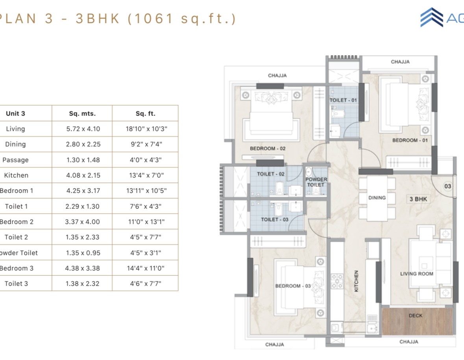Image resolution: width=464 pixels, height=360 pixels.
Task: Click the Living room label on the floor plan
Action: pyautogui.click(x=417, y=274)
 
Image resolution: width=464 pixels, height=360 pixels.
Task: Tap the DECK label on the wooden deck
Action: pyautogui.click(x=416, y=315)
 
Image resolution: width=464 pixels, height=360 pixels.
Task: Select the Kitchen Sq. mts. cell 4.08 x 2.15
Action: pyautogui.click(x=83, y=175)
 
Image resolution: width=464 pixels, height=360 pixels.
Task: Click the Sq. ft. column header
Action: pyautogui.click(x=145, y=113)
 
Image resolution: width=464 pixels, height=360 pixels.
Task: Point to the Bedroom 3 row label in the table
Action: pyautogui.click(x=17, y=268)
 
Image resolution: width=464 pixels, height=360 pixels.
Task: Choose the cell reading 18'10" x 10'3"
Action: pyautogui.click(x=146, y=129)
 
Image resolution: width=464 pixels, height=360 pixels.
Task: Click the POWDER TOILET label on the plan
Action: pyautogui.click(x=316, y=182)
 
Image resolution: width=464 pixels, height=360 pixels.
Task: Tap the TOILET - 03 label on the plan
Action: pyautogui.click(x=274, y=219)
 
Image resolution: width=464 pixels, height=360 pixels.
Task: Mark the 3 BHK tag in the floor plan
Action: pyautogui.click(x=418, y=199)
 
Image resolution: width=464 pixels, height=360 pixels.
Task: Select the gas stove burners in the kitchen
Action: pyautogui.click(x=337, y=281)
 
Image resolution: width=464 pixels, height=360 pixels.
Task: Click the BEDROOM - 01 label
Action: pyautogui.click(x=410, y=140)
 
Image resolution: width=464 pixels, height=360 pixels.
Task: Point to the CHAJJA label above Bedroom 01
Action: pyautogui.click(x=400, y=62)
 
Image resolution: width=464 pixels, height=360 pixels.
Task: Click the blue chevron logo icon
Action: pyautogui.click(x=432, y=17)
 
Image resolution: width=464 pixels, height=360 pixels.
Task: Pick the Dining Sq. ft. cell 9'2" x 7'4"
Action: pyautogui.click(x=146, y=144)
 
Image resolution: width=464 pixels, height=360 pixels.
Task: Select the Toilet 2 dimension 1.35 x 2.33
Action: pyautogui.click(x=83, y=237)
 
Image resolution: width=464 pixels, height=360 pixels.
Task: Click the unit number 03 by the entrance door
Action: pyautogui.click(x=447, y=186)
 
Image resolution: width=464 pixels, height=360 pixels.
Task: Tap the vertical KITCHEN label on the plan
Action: pyautogui.click(x=356, y=281)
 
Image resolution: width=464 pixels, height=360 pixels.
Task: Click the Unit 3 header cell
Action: pyautogui.click(x=15, y=113)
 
